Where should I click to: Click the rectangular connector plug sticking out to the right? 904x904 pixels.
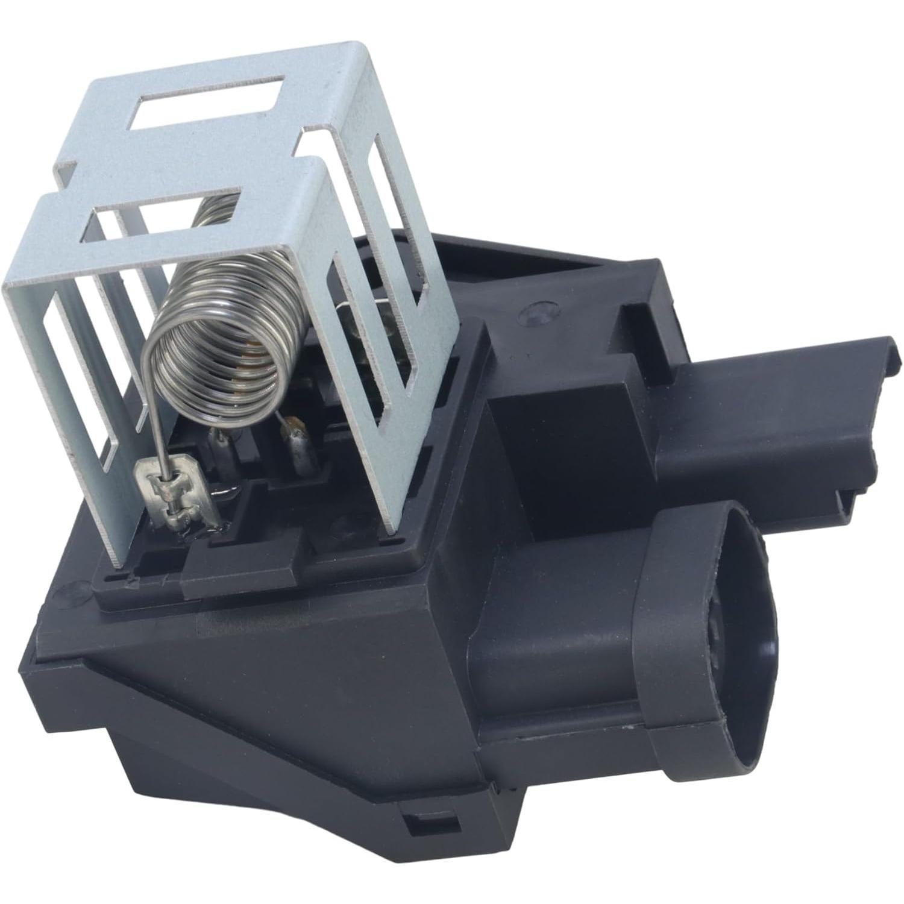(x=777, y=416)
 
